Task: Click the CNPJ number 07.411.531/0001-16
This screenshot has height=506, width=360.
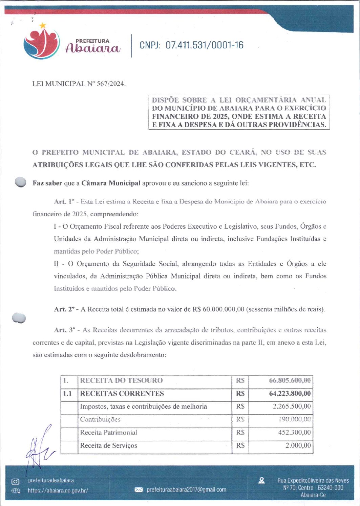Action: [191, 45]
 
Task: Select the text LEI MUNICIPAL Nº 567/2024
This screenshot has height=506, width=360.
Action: [79, 84]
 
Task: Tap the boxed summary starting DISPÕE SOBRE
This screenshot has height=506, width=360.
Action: [239, 112]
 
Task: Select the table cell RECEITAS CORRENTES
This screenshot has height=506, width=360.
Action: [122, 394]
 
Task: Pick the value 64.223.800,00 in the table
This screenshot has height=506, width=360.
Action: [290, 394]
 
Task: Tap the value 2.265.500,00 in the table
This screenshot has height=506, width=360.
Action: [292, 406]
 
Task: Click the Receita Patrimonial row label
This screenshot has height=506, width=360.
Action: [108, 433]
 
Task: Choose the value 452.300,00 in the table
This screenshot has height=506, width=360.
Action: [294, 433]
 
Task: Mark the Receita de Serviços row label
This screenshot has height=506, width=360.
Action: [108, 446]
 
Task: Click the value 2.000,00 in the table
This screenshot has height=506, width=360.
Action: [298, 446]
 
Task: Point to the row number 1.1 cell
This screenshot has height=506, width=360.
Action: [68, 394]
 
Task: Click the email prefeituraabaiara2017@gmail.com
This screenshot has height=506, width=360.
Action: [186, 490]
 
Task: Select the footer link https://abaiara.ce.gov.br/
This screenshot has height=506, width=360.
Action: [58, 490]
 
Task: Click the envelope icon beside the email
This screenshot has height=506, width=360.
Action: [139, 490]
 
